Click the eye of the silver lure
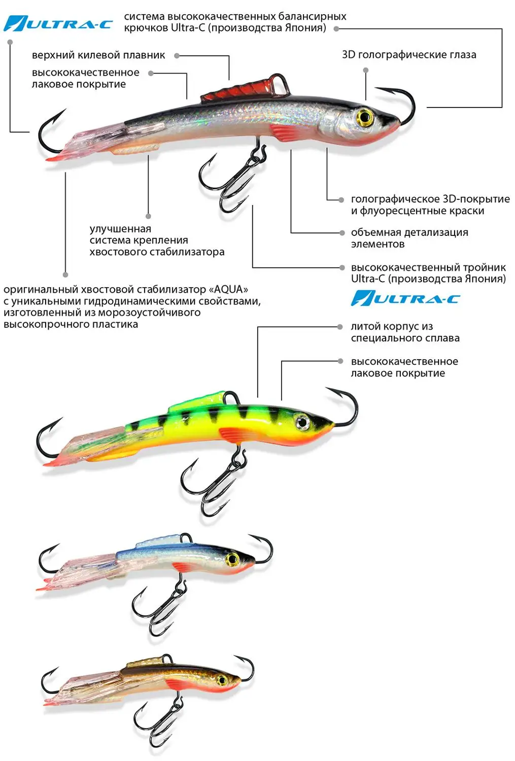point(364,117)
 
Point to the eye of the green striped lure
point(302,422)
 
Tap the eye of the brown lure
point(221,679)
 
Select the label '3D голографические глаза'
point(409,55)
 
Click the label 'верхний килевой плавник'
point(98,55)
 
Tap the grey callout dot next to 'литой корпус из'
point(341,327)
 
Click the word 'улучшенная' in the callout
point(120,229)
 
